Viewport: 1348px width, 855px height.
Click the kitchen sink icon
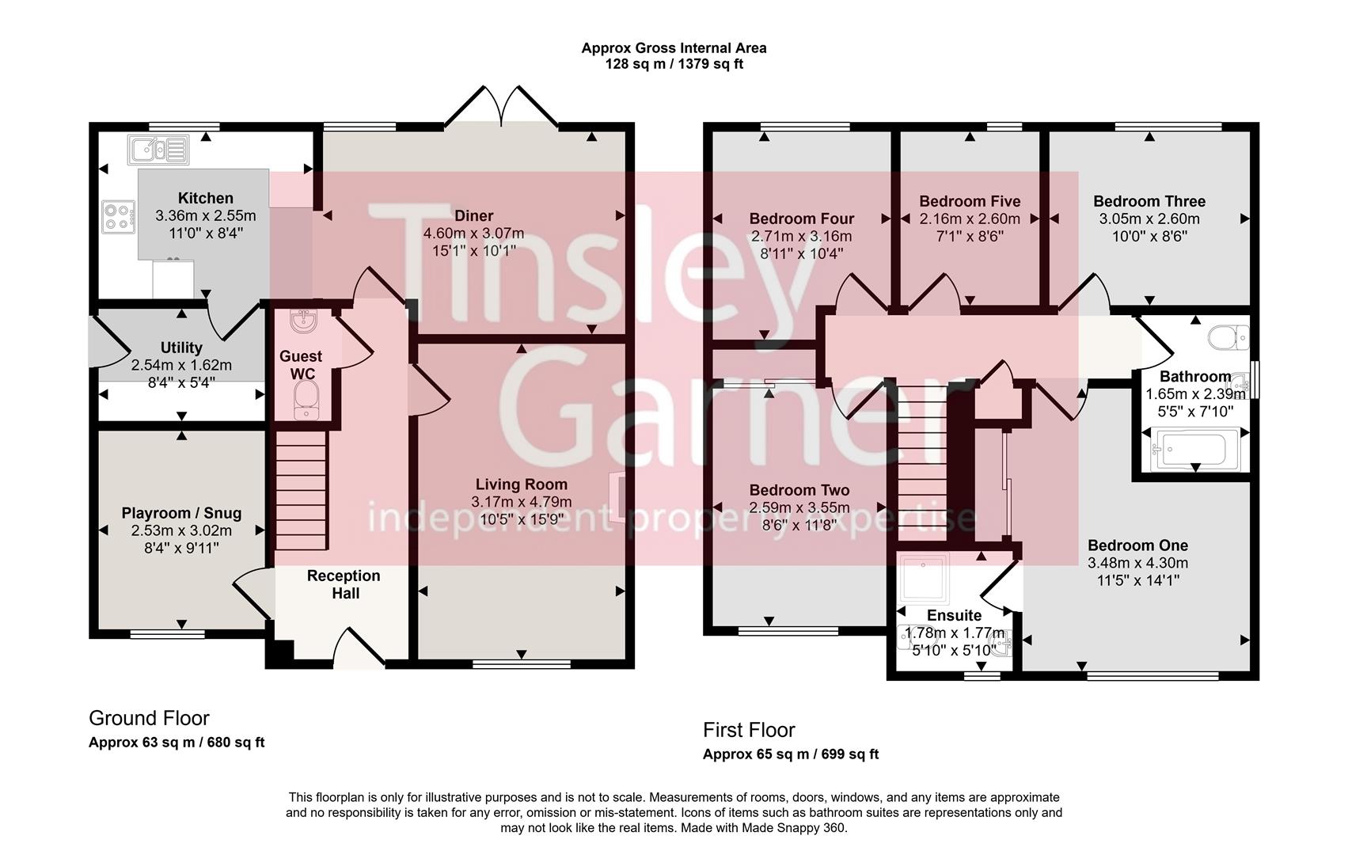pyautogui.click(x=158, y=149)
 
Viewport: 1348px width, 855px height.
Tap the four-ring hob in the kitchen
pyautogui.click(x=116, y=216)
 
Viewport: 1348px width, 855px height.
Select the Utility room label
pyautogui.click(x=181, y=348)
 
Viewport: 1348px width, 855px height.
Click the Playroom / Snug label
pyautogui.click(x=181, y=513)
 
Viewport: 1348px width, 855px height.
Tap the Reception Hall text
pyautogui.click(x=344, y=584)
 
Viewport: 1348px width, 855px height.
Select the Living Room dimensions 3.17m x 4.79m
pyautogui.click(x=521, y=502)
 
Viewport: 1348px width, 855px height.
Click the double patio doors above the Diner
pyautogui.click(x=502, y=108)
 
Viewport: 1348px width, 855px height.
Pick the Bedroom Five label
pyautogui.click(x=970, y=201)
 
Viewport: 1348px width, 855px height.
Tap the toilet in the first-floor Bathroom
pyautogui.click(x=1227, y=338)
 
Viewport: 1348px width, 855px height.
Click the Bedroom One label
pyautogui.click(x=1137, y=545)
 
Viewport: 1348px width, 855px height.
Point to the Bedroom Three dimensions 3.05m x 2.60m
pyautogui.click(x=1149, y=218)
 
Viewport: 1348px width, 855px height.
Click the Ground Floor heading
pyautogui.click(x=149, y=718)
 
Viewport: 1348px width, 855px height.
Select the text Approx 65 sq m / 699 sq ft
pyautogui.click(x=790, y=754)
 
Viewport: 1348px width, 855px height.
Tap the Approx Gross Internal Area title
pyautogui.click(x=674, y=47)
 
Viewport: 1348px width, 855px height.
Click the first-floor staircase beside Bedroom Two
pyautogui.click(x=922, y=459)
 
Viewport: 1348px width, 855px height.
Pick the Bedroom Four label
pyautogui.click(x=801, y=218)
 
